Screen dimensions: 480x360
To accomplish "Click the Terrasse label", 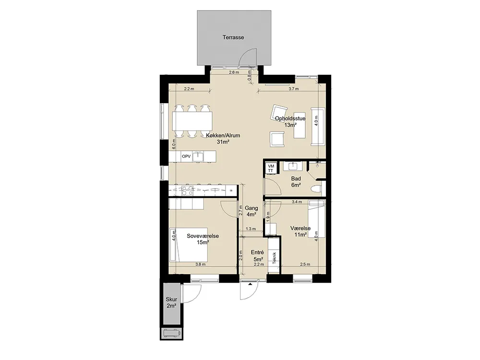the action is coord(233,37).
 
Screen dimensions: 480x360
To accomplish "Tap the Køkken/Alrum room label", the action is coord(223,135).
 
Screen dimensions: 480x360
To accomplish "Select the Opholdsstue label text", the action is coord(290,119).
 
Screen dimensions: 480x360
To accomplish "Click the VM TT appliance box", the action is coord(271,168).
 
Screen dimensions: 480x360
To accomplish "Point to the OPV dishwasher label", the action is coord(186,156).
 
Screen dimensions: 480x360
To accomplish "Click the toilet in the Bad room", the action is coord(315,189).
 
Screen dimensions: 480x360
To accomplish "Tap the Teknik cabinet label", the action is coord(274,258).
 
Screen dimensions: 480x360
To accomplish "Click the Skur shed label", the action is coord(171,299).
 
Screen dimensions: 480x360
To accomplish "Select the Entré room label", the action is coord(257,252).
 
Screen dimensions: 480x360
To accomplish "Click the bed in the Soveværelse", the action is coord(189,245).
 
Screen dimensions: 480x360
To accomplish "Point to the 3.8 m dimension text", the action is coord(201,264).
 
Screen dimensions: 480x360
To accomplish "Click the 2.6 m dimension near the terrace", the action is coord(234,72).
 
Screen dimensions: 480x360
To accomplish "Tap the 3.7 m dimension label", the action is coord(294,89).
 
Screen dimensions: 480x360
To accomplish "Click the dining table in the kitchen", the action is coord(192,121).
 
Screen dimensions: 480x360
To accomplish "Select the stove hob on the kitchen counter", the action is coord(187,191).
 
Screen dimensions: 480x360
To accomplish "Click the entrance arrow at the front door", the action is coord(251,284).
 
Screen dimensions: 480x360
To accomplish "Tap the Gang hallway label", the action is coord(251,208).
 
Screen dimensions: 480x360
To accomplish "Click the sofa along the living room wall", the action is coord(318,126).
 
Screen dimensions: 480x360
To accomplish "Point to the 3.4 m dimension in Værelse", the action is coord(297,202).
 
